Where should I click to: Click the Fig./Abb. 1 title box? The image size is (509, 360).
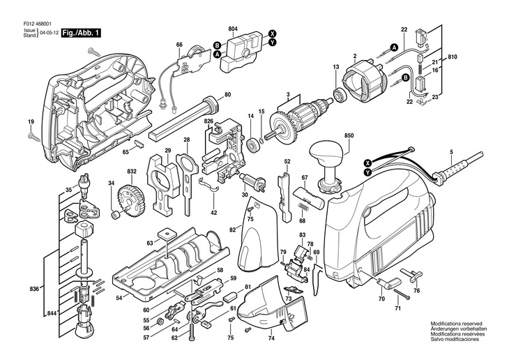pos(81,33)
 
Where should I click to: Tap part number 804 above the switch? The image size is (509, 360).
pos(233,29)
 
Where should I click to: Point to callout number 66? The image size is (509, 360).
pos(179,45)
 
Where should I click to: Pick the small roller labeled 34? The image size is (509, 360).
pos(116,215)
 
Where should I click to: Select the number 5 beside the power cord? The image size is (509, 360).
pos(451,151)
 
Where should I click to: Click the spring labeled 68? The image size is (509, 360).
pos(302,206)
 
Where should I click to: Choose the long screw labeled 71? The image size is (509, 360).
pos(402,294)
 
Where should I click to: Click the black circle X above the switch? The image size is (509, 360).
pos(272,33)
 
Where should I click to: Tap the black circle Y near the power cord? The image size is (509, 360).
pos(367,172)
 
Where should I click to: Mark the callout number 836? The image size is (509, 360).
pos(34,289)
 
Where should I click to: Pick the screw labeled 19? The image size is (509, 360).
pos(33,137)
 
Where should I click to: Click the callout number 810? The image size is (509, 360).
pos(453,57)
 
